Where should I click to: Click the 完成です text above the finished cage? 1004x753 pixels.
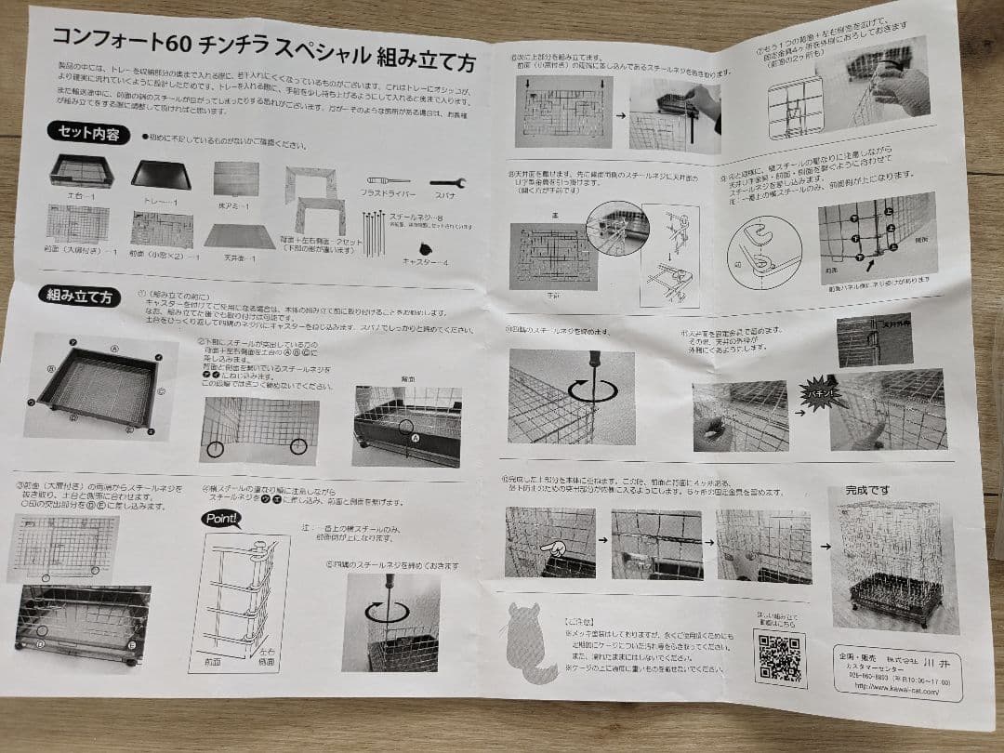click(x=868, y=490)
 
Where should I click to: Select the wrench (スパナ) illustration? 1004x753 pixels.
click(x=447, y=183)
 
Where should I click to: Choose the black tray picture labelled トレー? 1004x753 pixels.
click(x=160, y=174)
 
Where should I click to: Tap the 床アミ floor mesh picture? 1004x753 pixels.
click(x=235, y=178)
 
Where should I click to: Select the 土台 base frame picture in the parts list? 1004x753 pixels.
click(x=82, y=172)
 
